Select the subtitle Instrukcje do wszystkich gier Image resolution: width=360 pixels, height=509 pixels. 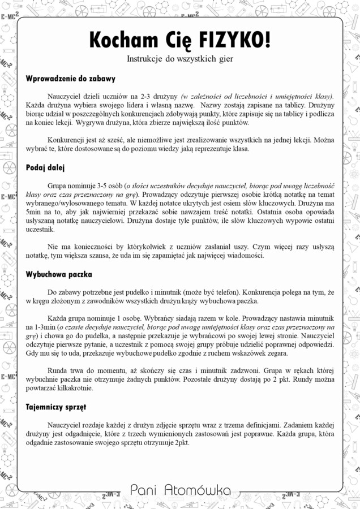click(x=180, y=58)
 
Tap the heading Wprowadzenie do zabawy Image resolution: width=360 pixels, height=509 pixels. click(x=71, y=79)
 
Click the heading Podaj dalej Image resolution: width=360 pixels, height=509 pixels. click(x=46, y=167)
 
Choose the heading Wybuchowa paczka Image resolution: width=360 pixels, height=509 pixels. click(x=59, y=274)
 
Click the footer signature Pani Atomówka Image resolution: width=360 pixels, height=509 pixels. click(x=180, y=489)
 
